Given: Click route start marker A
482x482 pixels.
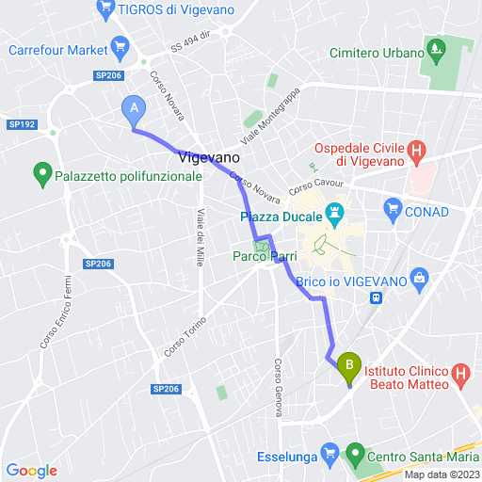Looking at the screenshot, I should click(134, 110).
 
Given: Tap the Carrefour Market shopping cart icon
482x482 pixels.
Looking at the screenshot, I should click(120, 45).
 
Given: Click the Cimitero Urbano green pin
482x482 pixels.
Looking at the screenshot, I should click(436, 47).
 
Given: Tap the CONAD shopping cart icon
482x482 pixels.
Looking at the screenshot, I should click(393, 211).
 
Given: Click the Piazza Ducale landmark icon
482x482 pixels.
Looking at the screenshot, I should click(333, 214).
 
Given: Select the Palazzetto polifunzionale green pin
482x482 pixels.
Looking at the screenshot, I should click(42, 172).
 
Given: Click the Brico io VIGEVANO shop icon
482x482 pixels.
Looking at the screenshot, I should click(420, 276).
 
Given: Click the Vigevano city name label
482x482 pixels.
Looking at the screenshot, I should click(201, 159).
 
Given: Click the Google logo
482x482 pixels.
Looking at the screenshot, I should click(31, 471).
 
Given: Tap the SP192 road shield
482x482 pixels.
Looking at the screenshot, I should click(21, 124).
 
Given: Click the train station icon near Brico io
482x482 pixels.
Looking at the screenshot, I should click(377, 297).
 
